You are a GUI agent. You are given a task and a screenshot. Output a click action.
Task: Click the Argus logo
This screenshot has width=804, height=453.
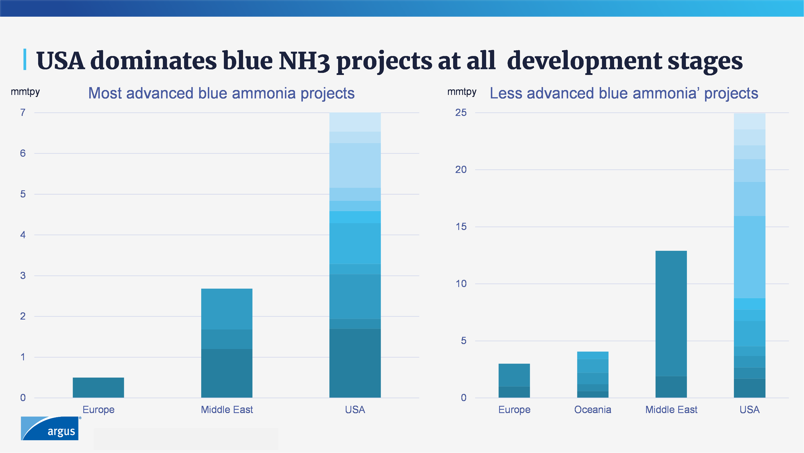click(x=50, y=428)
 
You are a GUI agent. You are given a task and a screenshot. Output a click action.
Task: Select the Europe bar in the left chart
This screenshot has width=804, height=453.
click(x=98, y=387)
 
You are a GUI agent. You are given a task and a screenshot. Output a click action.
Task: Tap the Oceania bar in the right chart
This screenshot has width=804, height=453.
click(x=592, y=374)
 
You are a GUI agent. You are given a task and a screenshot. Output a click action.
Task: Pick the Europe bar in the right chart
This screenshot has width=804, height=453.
click(x=514, y=380)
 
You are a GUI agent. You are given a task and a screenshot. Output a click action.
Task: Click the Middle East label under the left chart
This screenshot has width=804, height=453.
click(x=227, y=409)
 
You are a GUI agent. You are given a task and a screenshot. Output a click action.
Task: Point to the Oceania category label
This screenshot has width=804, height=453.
click(x=592, y=409)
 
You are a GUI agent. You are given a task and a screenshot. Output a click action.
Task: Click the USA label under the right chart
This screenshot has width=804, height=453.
click(x=749, y=409)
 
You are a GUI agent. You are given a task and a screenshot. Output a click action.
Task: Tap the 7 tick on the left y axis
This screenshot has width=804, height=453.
click(x=23, y=113)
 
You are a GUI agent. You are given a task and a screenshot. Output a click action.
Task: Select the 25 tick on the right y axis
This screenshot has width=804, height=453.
click(x=461, y=113)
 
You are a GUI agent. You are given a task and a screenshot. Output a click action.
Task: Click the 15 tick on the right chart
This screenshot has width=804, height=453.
click(x=461, y=227)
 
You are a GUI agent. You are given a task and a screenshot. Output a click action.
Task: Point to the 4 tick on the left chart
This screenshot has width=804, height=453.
click(x=23, y=235)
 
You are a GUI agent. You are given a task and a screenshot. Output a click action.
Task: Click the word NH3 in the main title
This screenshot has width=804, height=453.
click(x=304, y=61)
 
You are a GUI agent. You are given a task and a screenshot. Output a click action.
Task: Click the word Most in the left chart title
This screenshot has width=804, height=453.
click(x=105, y=93)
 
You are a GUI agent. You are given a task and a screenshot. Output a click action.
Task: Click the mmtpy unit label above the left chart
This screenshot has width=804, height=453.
click(x=25, y=92)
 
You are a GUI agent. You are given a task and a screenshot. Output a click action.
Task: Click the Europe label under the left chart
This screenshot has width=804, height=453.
click(x=98, y=409)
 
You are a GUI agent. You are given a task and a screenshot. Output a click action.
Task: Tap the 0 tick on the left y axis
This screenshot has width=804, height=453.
click(x=23, y=397)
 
